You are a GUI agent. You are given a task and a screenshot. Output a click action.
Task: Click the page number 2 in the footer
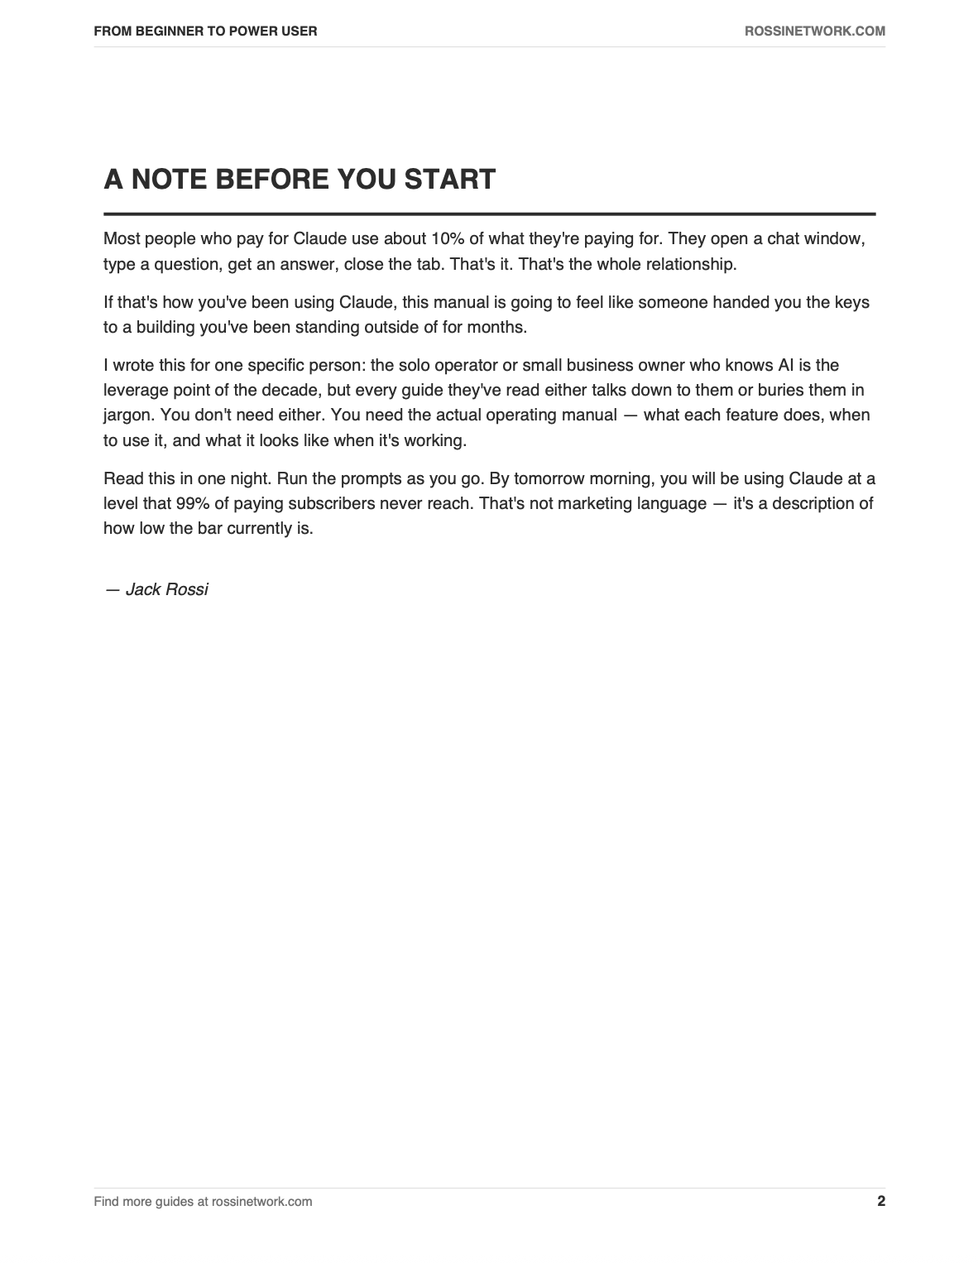point(880,1201)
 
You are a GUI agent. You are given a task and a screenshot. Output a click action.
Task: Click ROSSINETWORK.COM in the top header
point(815,31)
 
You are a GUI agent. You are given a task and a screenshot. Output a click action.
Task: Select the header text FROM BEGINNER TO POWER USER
point(205,31)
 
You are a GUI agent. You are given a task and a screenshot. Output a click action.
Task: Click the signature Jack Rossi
point(166,589)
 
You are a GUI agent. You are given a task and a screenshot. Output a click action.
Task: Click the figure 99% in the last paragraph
point(193,503)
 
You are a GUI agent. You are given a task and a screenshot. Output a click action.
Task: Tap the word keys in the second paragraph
point(852,302)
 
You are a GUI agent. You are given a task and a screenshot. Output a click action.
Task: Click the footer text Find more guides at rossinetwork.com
point(203,1201)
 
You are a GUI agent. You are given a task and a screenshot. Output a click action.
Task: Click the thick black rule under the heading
point(489,214)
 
